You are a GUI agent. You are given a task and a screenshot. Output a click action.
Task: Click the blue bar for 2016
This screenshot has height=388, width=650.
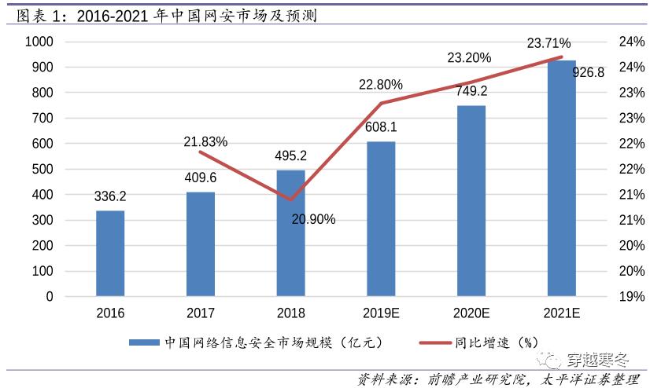coord(110,254)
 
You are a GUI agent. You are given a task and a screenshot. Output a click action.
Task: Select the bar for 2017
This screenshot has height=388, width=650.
coord(201,244)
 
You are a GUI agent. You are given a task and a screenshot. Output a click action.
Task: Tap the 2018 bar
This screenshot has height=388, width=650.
coord(290,233)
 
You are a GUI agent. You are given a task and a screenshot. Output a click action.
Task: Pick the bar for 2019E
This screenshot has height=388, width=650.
coord(381,219)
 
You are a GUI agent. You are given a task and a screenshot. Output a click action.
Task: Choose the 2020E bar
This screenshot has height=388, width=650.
coord(471,201)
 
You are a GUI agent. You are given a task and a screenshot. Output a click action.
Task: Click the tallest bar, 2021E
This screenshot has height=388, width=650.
coord(562,178)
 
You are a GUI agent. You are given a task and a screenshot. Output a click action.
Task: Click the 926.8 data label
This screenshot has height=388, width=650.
coord(588,72)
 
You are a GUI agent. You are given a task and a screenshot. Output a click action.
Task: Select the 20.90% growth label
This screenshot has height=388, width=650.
coord(313,219)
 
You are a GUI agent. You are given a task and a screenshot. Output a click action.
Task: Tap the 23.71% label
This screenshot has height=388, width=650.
coord(549,43)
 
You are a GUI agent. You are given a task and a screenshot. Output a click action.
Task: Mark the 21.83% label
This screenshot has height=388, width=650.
coord(205,141)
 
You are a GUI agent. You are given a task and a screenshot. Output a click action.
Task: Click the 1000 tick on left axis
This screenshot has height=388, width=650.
coord(39,42)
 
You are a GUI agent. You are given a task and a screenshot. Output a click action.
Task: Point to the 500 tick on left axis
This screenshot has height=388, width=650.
coord(43,169)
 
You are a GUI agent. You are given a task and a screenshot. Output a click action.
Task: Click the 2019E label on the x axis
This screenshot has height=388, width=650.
coord(381,313)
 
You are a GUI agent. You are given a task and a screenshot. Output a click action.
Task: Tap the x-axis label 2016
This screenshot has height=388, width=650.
coord(110,313)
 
